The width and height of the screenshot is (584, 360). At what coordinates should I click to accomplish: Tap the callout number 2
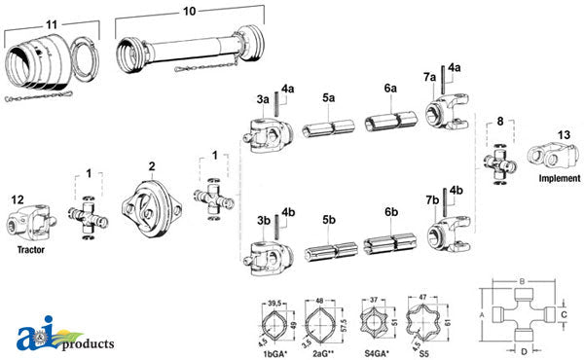pyautogui.click(x=151, y=167)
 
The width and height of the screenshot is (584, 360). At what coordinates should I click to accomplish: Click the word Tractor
pyautogui.click(x=31, y=249)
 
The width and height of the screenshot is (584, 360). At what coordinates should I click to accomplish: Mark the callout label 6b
pyautogui.click(x=391, y=211)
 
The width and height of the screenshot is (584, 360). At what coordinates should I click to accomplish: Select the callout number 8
pyautogui.click(x=500, y=123)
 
